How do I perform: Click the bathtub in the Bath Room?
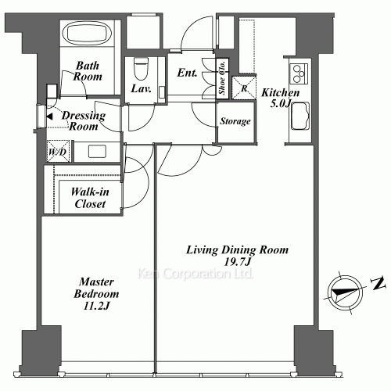pos(87,33)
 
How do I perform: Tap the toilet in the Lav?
pos(141,69)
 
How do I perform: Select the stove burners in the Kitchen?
pos(299,74)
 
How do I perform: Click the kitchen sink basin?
pos(300,117)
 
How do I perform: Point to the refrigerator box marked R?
pos(244,88)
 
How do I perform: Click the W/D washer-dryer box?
pos(59,151)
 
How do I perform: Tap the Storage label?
pos(235,121)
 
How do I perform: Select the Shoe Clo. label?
pos(222,77)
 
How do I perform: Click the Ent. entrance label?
pos(187,73)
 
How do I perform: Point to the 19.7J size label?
pos(237,262)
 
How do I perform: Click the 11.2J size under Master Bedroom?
pos(96,306)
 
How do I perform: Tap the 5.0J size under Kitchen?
pos(281,103)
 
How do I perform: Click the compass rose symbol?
pos(345,292)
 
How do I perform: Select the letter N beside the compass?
pos(378,283)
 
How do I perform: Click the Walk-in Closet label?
pos(90,198)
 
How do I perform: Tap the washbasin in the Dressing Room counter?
pos(97,152)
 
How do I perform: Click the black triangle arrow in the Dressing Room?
pos(49,117)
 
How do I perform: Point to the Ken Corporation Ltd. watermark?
pos(195,274)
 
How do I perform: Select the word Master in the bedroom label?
pos(96,282)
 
